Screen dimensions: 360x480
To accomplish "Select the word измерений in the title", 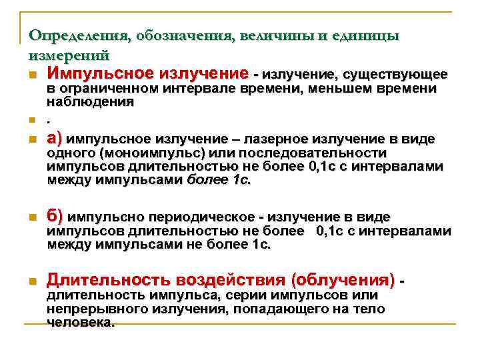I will [69, 55].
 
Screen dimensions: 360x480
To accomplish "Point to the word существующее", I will [396, 73].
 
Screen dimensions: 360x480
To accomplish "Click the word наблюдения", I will [90, 102].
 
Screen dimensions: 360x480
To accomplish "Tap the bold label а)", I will [55, 139].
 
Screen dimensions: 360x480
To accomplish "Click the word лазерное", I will [274, 140].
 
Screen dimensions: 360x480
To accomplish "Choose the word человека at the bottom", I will [81, 322].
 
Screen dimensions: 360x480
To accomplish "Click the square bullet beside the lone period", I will [33, 121].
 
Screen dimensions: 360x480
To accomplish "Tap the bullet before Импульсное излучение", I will [33, 74].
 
